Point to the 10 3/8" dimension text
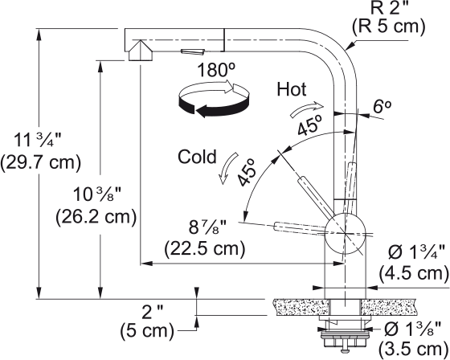(x=96, y=195)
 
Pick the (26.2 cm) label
(x=96, y=216)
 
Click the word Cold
(x=197, y=157)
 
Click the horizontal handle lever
(x=301, y=228)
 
